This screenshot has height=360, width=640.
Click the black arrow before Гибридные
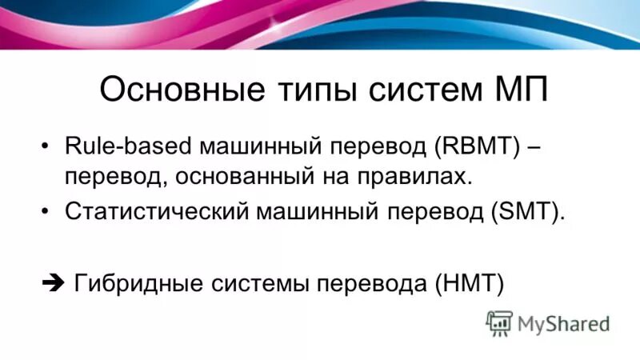tap(50, 282)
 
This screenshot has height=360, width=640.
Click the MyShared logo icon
tap(498, 322)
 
